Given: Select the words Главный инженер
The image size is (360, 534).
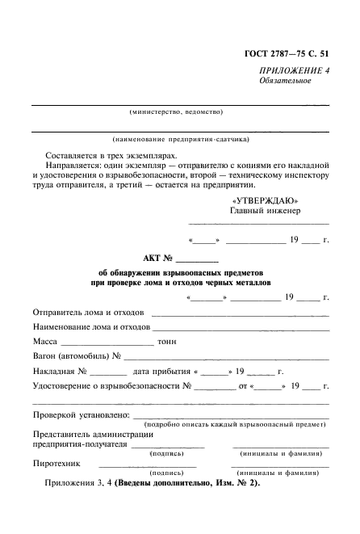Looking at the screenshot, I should (265, 211).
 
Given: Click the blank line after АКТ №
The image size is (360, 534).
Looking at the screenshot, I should (197, 261).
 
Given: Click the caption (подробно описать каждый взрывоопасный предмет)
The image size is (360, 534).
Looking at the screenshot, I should (235, 423).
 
